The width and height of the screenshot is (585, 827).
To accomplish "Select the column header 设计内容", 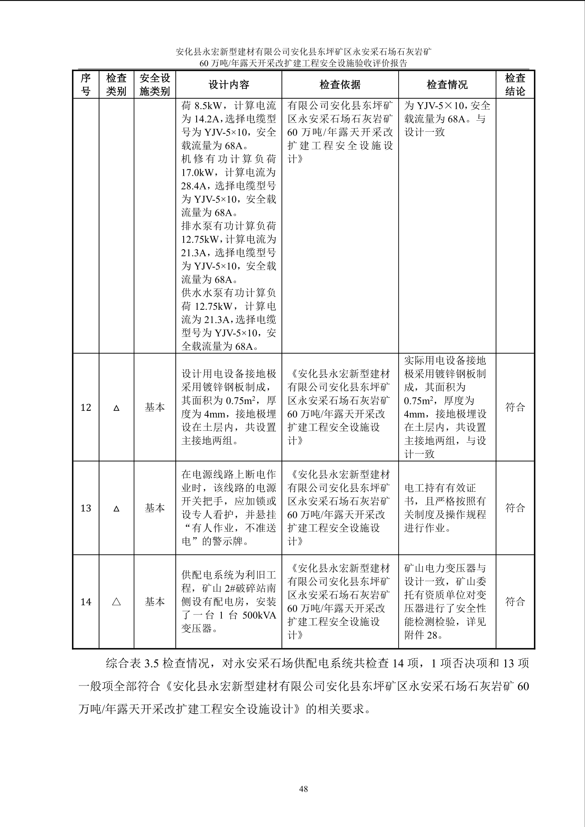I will pyautogui.click(x=228, y=85).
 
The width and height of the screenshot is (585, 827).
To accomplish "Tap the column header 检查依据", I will pyautogui.click(x=340, y=85).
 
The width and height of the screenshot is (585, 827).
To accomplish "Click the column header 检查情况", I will pyautogui.click(x=447, y=85).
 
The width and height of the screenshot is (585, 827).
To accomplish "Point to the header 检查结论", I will pyautogui.click(x=515, y=85).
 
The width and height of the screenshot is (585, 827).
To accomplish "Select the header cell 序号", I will pyautogui.click(x=86, y=85).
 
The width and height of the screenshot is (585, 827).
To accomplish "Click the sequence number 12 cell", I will pyautogui.click(x=86, y=407).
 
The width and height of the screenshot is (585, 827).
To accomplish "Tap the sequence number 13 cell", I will pyautogui.click(x=86, y=508).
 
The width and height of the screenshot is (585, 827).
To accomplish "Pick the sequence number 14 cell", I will pyautogui.click(x=86, y=602).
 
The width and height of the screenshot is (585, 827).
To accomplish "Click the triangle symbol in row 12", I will pyautogui.click(x=116, y=408).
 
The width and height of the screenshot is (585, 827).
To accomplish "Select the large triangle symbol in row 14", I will pyautogui.click(x=116, y=602).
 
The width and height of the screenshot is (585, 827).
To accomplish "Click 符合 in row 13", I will pyautogui.click(x=515, y=508).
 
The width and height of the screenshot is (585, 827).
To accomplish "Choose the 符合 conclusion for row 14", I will pyautogui.click(x=515, y=601).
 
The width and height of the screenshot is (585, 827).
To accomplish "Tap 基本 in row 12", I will pyautogui.click(x=155, y=407).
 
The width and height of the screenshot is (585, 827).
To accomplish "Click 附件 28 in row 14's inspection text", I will pyautogui.click(x=421, y=635).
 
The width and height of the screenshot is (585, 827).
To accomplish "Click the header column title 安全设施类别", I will pyautogui.click(x=155, y=85).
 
